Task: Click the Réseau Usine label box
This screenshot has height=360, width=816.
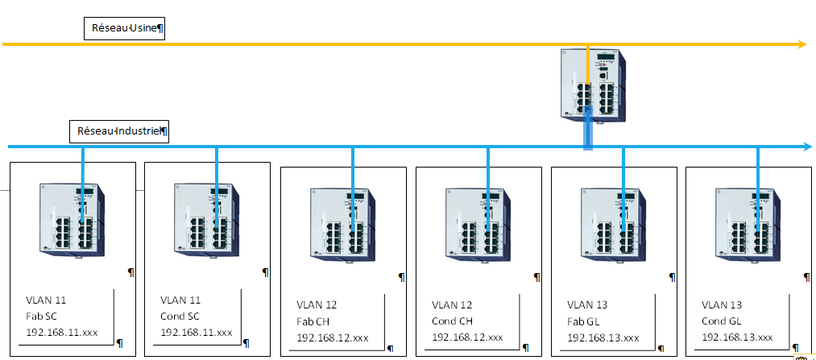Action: click(126, 28)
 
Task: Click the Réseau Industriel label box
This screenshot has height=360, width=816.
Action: click(119, 130)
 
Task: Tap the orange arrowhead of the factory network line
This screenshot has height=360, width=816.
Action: click(802, 44)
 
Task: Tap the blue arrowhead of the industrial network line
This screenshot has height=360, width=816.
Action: click(806, 147)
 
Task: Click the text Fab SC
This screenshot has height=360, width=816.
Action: click(41, 316)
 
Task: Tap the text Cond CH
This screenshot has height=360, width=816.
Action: click(453, 321)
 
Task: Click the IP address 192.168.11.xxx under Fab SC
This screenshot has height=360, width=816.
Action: click(61, 332)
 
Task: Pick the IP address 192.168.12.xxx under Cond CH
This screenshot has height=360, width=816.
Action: click(467, 337)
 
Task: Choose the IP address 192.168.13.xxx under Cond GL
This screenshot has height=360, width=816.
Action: click(737, 337)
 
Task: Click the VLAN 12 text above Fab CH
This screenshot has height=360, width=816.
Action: click(317, 305)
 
